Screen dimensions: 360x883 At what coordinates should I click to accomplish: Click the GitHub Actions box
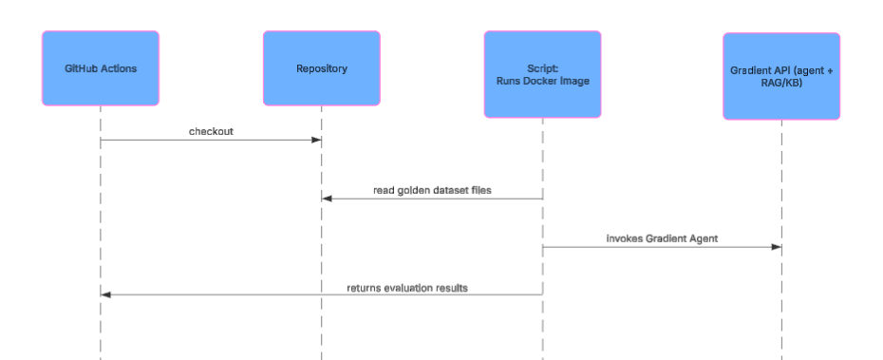pyautogui.click(x=100, y=68)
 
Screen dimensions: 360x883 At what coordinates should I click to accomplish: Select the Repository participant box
pyautogui.click(x=321, y=68)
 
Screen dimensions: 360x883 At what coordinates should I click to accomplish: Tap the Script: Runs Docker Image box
pyautogui.click(x=542, y=74)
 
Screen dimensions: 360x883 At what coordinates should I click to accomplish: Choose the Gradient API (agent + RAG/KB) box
pyautogui.click(x=781, y=76)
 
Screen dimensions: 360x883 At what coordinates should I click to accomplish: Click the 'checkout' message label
pyautogui.click(x=211, y=132)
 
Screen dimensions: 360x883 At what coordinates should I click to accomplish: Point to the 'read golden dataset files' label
pyautogui.click(x=432, y=190)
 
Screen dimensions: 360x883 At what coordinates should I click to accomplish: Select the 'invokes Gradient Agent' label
pyautogui.click(x=662, y=238)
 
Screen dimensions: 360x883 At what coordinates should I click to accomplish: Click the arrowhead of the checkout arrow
pyautogui.click(x=317, y=142)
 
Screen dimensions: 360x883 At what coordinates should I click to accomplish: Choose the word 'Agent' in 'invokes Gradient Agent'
pyautogui.click(x=701, y=238)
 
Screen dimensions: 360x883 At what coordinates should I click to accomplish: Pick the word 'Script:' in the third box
pyautogui.click(x=542, y=67)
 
